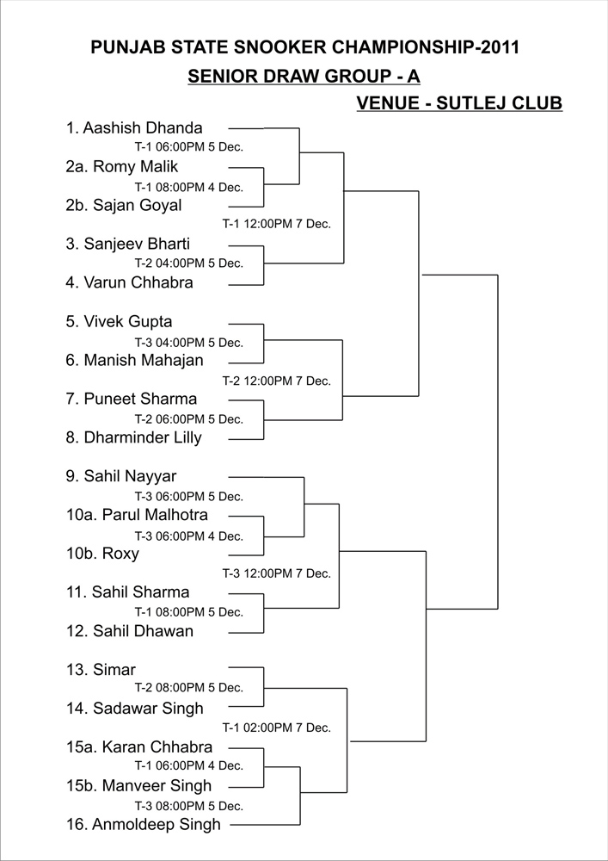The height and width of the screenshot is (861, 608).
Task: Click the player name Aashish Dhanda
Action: tap(143, 128)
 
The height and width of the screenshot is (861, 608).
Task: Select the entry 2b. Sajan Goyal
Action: tap(124, 206)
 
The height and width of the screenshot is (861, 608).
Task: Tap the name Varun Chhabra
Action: tap(138, 282)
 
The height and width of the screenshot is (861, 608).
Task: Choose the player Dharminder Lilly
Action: tap(143, 437)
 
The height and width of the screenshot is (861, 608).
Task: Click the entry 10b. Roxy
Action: tap(102, 554)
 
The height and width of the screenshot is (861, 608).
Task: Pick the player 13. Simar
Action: tap(101, 669)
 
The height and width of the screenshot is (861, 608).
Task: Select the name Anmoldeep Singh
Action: tap(157, 824)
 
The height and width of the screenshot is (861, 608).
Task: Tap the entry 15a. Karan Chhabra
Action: tap(139, 746)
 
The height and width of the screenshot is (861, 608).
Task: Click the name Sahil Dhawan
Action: tap(143, 631)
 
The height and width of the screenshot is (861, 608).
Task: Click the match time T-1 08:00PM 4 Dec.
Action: tap(189, 187)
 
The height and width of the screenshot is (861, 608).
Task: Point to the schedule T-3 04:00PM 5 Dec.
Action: tap(189, 343)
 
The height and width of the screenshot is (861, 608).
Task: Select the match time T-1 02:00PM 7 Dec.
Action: tap(276, 728)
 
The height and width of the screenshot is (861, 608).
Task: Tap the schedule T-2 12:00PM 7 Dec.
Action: tap(276, 381)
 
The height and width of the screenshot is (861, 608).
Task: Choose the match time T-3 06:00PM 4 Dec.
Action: tap(189, 536)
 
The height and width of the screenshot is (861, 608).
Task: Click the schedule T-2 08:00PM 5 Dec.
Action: tap(189, 687)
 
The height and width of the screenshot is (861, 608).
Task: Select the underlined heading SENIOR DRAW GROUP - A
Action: tap(304, 77)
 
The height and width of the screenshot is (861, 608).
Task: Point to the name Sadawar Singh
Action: tap(148, 709)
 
